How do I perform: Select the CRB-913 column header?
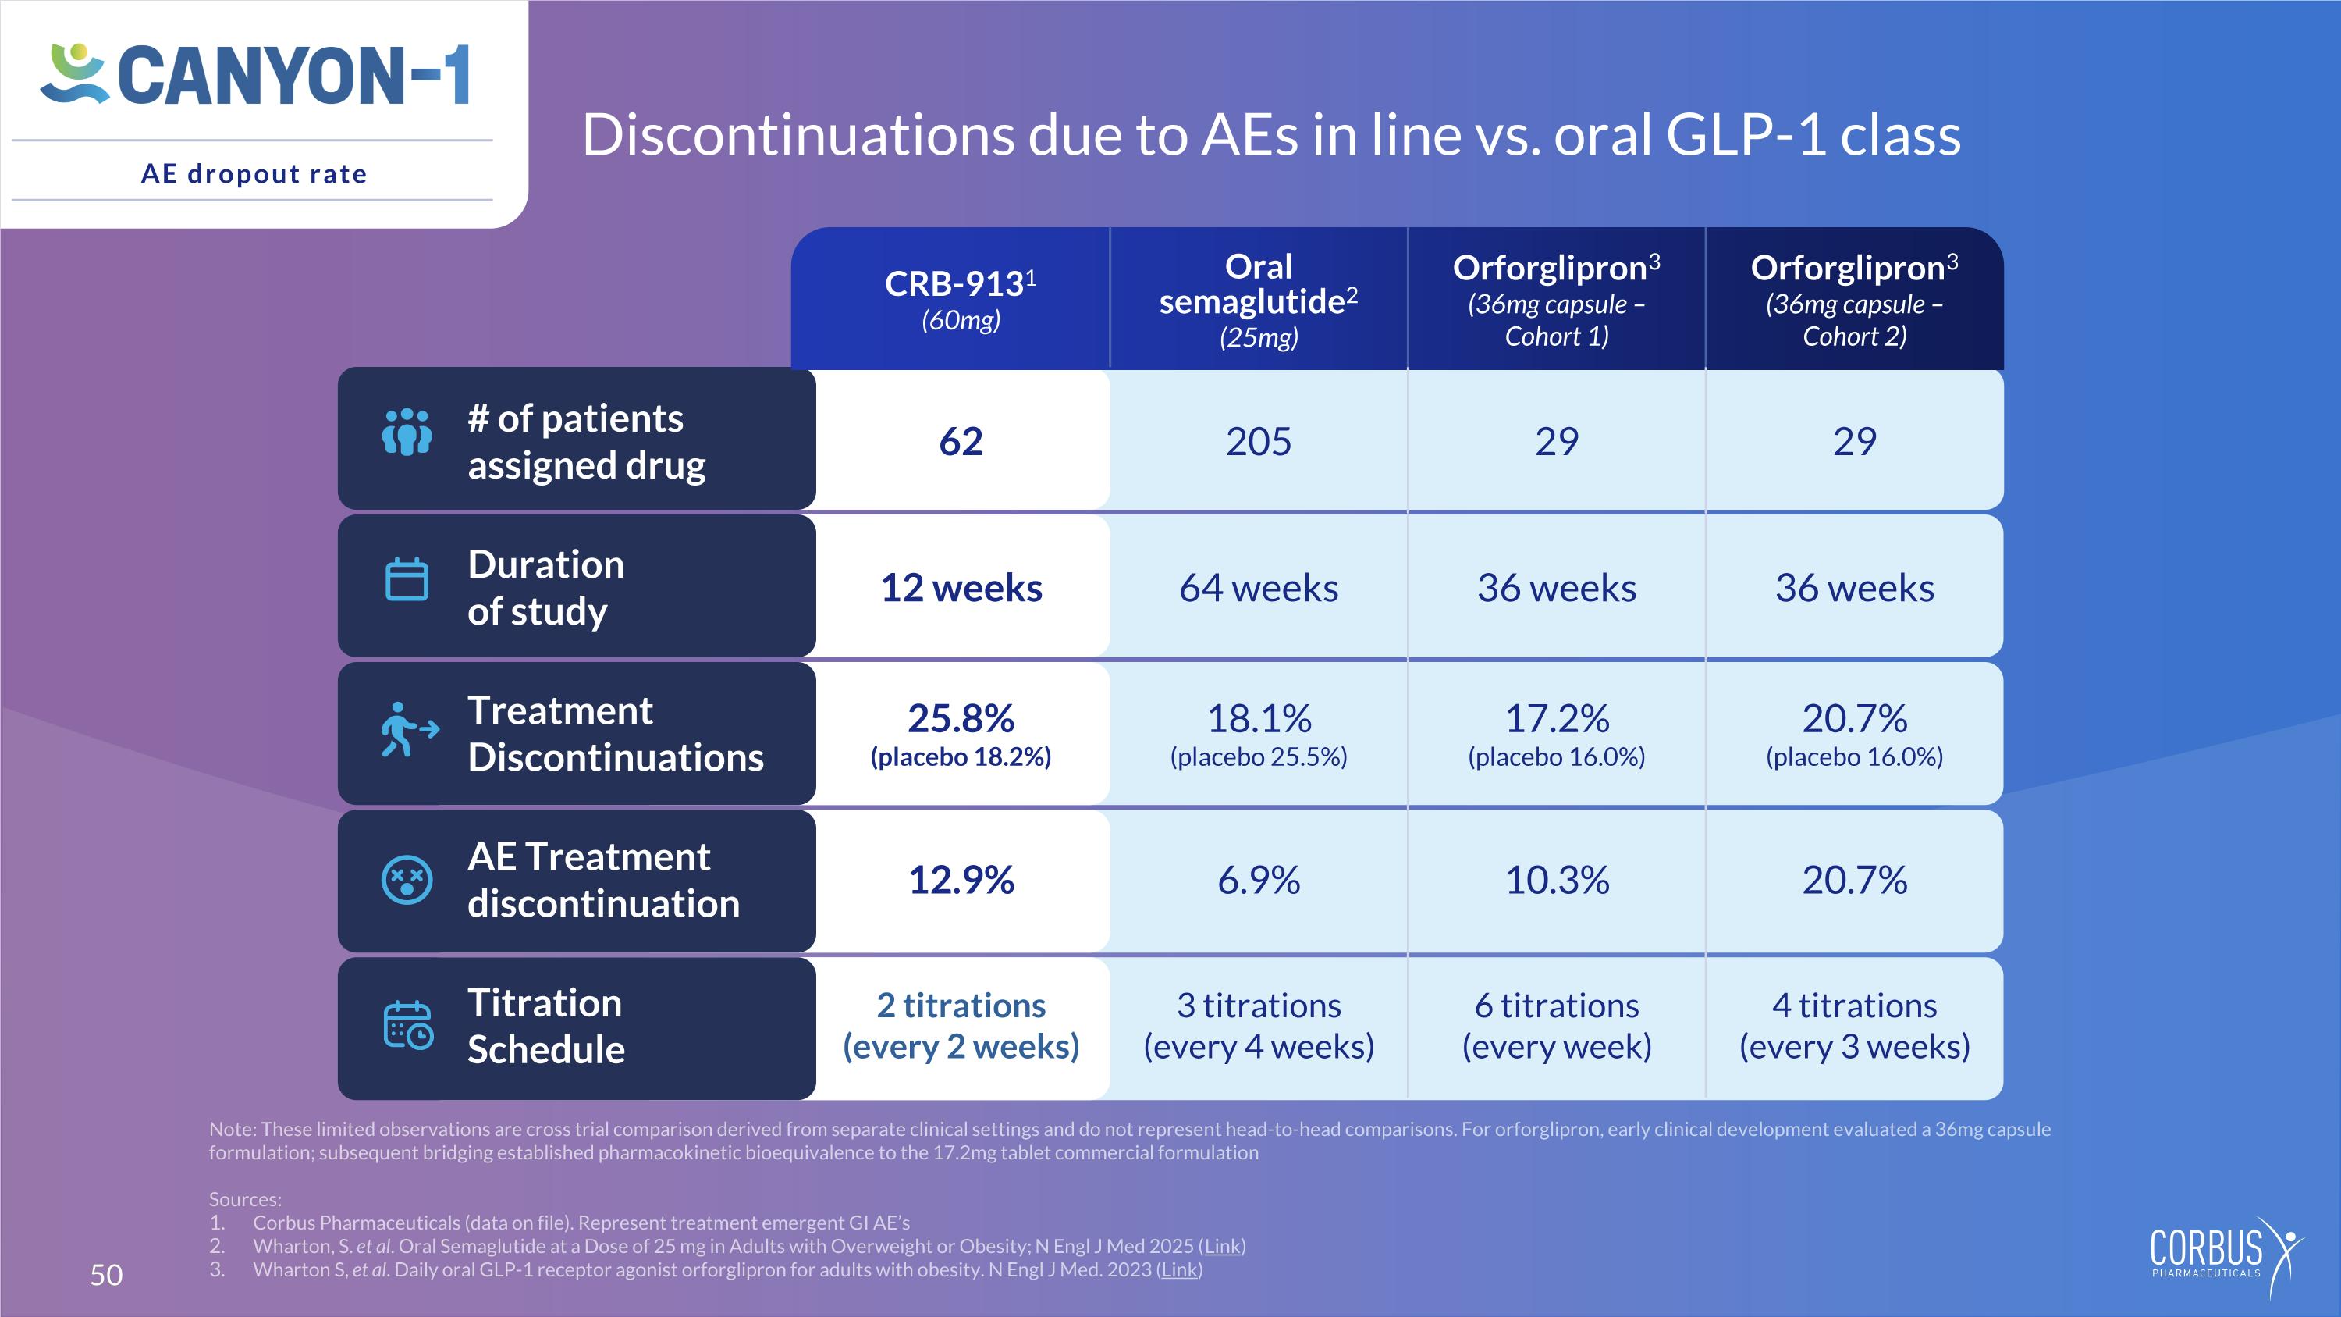click(x=961, y=299)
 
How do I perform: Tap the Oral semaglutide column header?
click(x=1259, y=299)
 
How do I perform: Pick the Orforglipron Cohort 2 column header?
click(x=1855, y=299)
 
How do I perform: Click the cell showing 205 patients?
click(x=1259, y=441)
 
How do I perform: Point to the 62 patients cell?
click(x=961, y=441)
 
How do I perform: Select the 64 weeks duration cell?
click(x=1259, y=587)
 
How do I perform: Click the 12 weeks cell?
click(x=961, y=587)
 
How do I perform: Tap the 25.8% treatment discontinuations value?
click(x=961, y=718)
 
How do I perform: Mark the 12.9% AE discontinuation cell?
click(x=961, y=880)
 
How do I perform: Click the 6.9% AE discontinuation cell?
click(x=1259, y=880)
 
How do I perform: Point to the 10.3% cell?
click(x=1557, y=880)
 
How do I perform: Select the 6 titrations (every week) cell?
click(x=1557, y=1027)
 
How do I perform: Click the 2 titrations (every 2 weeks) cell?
click(x=961, y=1027)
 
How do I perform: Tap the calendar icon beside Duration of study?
click(x=407, y=579)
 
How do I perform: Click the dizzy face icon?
click(x=407, y=880)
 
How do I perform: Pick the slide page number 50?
click(x=106, y=1275)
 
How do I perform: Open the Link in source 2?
click(x=1222, y=1246)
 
